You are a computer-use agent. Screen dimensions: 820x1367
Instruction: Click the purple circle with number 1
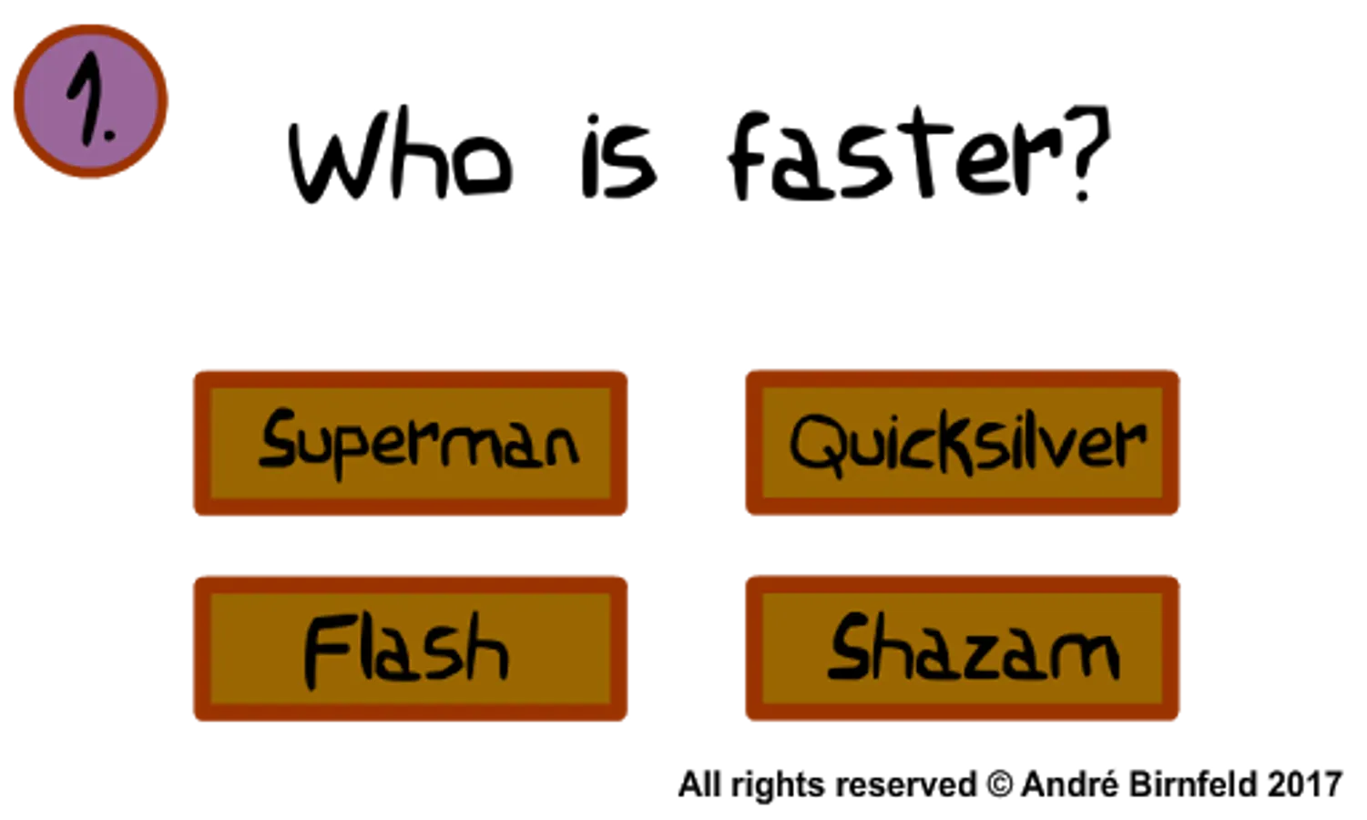click(91, 100)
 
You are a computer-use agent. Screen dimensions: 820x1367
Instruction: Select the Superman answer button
click(411, 442)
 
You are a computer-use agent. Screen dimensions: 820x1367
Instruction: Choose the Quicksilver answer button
click(963, 442)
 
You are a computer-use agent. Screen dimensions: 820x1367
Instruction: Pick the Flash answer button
click(411, 648)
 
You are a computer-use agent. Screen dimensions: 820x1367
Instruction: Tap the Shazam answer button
click(963, 648)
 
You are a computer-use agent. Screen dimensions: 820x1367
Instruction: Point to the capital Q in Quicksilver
click(815, 442)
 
